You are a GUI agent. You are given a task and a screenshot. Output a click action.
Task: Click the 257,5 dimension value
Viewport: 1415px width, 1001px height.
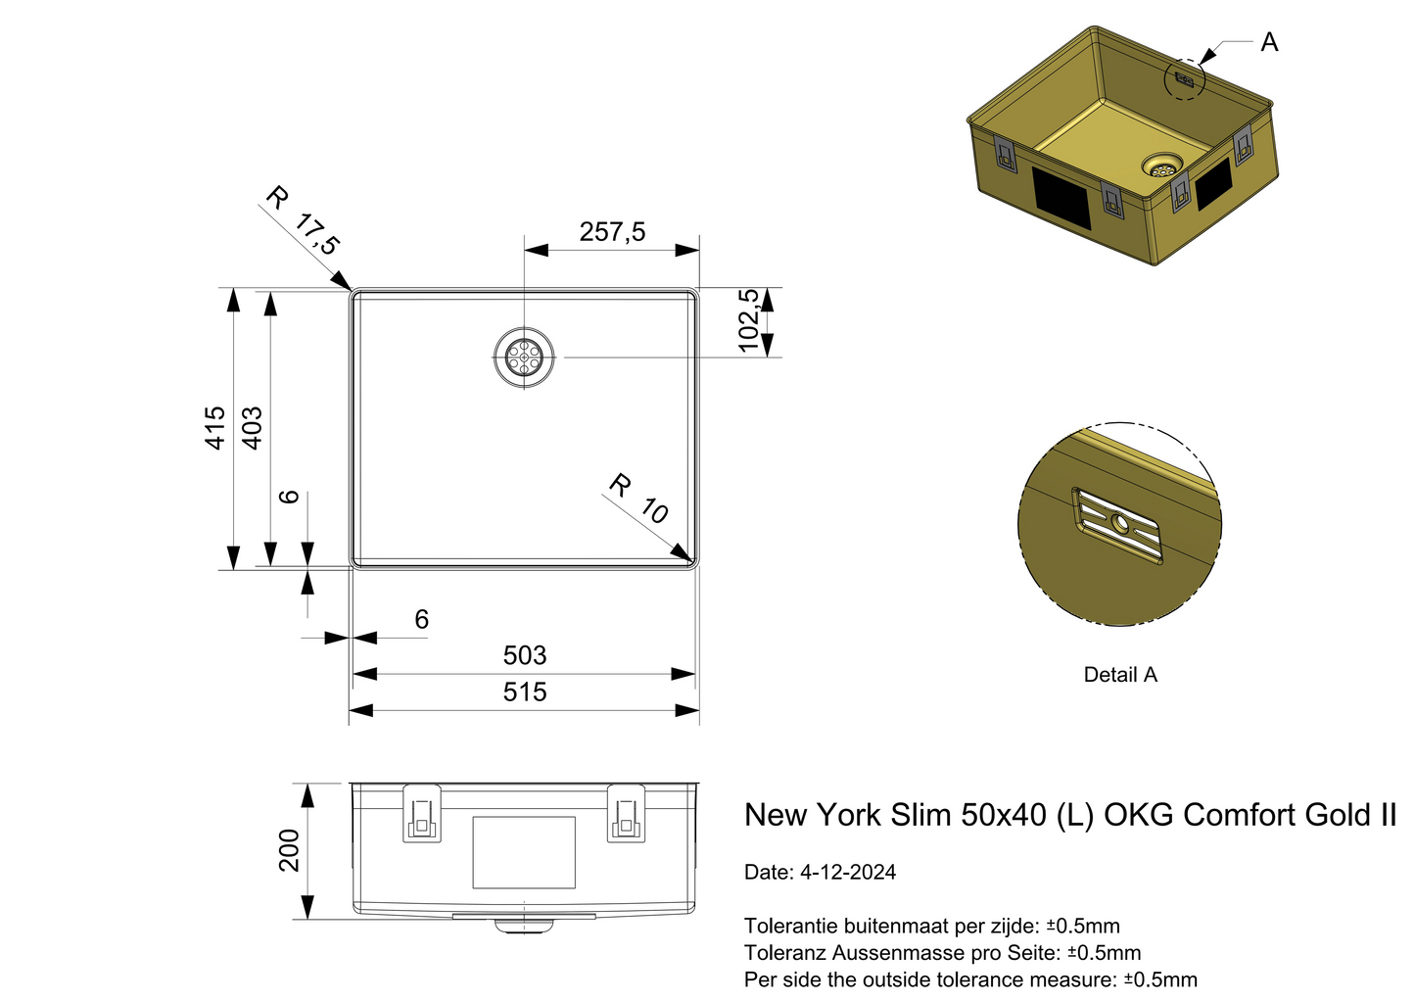pyautogui.click(x=612, y=232)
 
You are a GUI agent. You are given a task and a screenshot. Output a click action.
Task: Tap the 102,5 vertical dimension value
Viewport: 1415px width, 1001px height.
pyautogui.click(x=749, y=320)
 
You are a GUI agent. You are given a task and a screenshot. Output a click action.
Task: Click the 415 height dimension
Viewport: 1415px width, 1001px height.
pyautogui.click(x=214, y=428)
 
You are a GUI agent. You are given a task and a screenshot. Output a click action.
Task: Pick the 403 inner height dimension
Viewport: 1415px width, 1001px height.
pyautogui.click(x=252, y=428)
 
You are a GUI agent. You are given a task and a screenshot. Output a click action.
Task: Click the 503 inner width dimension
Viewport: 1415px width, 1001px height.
pyautogui.click(x=524, y=655)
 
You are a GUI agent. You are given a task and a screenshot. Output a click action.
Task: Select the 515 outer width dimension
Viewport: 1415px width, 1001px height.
pyautogui.click(x=524, y=692)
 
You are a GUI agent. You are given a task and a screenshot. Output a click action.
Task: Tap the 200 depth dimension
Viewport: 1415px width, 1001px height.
pyautogui.click(x=289, y=850)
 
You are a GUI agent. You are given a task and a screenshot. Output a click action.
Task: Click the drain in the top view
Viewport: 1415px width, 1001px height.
pyautogui.click(x=524, y=357)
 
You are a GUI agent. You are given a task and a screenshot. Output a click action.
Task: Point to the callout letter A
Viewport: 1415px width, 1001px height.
pyautogui.click(x=1269, y=43)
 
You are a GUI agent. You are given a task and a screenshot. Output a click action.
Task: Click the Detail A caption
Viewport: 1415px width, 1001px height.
pyautogui.click(x=1120, y=675)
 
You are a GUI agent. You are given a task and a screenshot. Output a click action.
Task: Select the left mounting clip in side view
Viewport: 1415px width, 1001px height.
pyautogui.click(x=422, y=813)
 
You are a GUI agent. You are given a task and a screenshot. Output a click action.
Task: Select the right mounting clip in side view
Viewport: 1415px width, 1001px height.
pyautogui.click(x=626, y=813)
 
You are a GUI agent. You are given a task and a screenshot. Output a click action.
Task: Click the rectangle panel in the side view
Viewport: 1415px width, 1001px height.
pyautogui.click(x=524, y=852)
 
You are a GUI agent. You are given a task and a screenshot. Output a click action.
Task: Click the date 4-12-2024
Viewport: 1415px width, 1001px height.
pyautogui.click(x=847, y=873)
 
